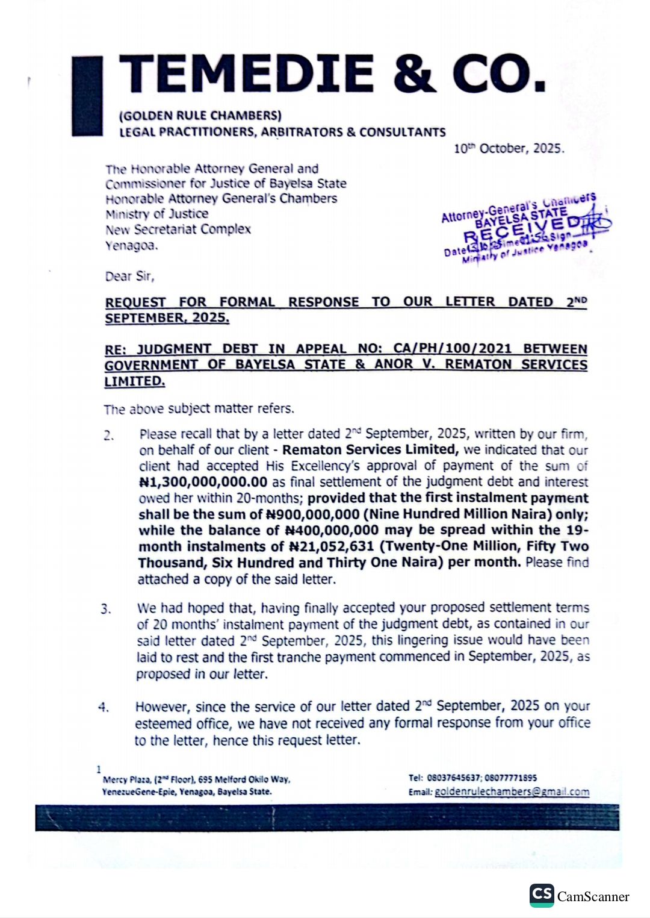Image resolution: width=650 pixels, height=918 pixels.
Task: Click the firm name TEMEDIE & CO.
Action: pyautogui.click(x=332, y=74)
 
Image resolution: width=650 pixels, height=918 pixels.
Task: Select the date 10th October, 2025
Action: pyautogui.click(x=509, y=148)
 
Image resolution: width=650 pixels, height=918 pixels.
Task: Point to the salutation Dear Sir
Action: pyautogui.click(x=129, y=276)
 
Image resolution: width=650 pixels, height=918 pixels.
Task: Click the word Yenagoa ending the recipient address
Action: pyautogui.click(x=131, y=245)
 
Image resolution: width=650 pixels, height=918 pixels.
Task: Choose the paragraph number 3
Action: pyautogui.click(x=106, y=609)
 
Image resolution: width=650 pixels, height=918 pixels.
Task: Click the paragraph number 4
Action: pyautogui.click(x=104, y=707)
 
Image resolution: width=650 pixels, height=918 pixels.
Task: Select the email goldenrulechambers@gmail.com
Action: pyautogui.click(x=512, y=792)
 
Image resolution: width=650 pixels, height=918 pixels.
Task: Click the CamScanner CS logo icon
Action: pyautogui.click(x=541, y=895)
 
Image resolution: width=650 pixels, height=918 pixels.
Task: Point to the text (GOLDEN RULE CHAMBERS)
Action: pyautogui.click(x=200, y=115)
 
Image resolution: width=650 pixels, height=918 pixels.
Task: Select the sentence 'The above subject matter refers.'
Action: pyautogui.click(x=199, y=409)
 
